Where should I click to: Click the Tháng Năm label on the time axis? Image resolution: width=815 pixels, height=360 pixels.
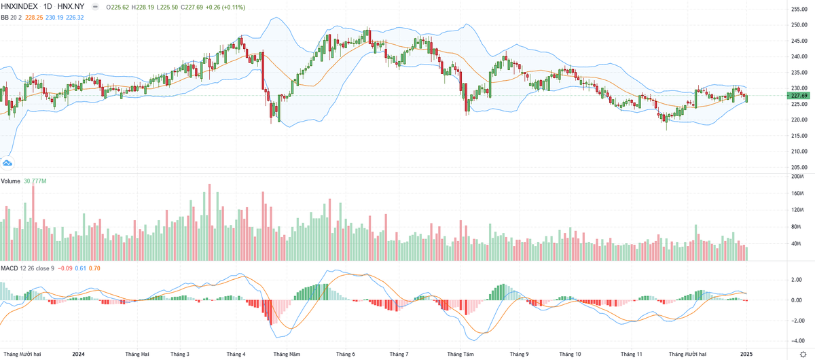286,354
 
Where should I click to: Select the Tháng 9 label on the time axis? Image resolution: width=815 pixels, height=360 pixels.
519,354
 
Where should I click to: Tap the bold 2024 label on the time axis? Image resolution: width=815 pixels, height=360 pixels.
77,354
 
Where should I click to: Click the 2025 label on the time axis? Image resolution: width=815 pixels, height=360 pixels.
746,354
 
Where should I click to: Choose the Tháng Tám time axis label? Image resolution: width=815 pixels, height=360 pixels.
460,354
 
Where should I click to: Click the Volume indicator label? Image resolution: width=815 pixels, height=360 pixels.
11,181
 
